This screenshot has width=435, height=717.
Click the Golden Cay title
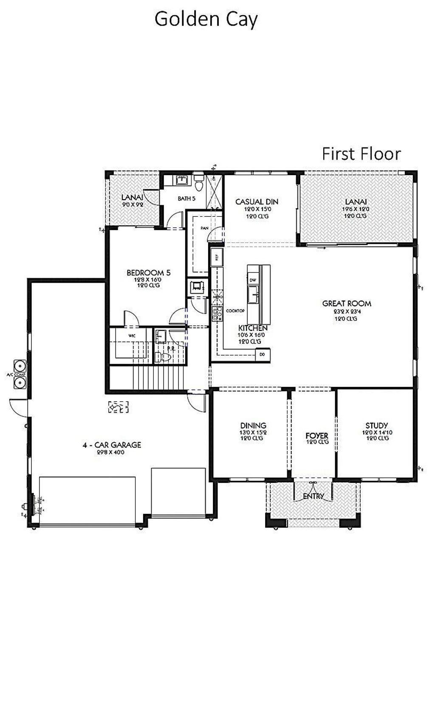tap(206, 20)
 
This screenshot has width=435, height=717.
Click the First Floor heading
tap(361, 154)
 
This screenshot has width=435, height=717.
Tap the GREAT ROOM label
tap(347, 303)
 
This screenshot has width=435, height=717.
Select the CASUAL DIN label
tap(257, 202)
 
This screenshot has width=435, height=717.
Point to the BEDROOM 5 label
tap(148, 273)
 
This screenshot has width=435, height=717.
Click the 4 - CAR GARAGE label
tap(112, 445)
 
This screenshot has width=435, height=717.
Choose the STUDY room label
tap(376, 425)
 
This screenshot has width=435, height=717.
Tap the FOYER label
tap(316, 436)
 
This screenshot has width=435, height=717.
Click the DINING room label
tap(253, 425)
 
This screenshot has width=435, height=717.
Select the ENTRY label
tap(313, 496)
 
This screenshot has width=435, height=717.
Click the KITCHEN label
tap(253, 328)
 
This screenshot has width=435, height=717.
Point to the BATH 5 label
tap(186, 198)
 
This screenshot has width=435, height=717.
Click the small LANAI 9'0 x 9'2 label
tap(132, 198)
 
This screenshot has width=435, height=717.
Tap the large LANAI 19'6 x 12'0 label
tap(356, 202)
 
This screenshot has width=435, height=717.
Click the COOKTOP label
tap(235, 311)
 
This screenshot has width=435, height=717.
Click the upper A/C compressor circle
tap(20, 366)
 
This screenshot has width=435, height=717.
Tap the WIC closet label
tap(132, 336)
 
